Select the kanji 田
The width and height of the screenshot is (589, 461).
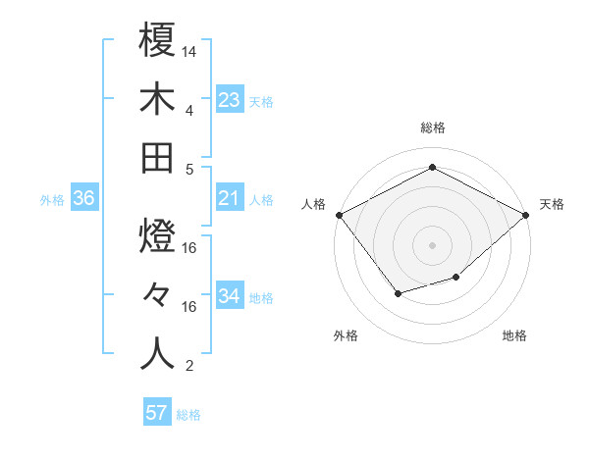tap(157, 158)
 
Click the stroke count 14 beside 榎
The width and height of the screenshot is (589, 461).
tap(189, 50)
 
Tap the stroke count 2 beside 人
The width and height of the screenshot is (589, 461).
tap(189, 366)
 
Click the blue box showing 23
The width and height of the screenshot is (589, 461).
tap(229, 99)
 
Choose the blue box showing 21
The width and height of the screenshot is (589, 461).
tap(229, 198)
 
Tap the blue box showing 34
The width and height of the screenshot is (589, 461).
tap(229, 296)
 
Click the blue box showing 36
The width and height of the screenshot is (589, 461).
tap(84, 198)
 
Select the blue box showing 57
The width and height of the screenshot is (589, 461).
tap(157, 413)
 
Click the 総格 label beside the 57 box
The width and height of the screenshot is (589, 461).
tap(188, 415)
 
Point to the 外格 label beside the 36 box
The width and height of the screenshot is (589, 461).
tap(52, 200)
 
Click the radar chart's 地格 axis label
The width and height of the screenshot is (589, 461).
tap(514, 335)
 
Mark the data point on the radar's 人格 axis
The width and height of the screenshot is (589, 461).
tap(339, 215)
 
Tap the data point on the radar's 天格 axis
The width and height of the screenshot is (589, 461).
tap(527, 215)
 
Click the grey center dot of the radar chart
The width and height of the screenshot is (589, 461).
tap(433, 244)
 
